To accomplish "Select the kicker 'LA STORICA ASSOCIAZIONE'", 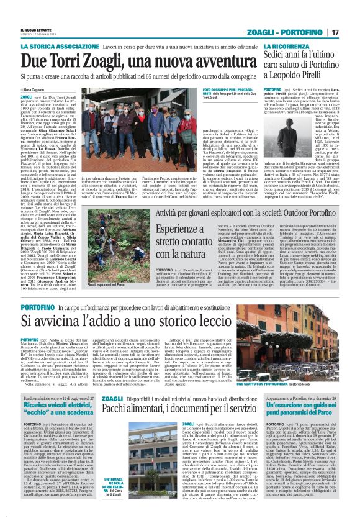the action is [x=58, y=47].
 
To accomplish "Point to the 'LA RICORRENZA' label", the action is [x=284, y=47].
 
